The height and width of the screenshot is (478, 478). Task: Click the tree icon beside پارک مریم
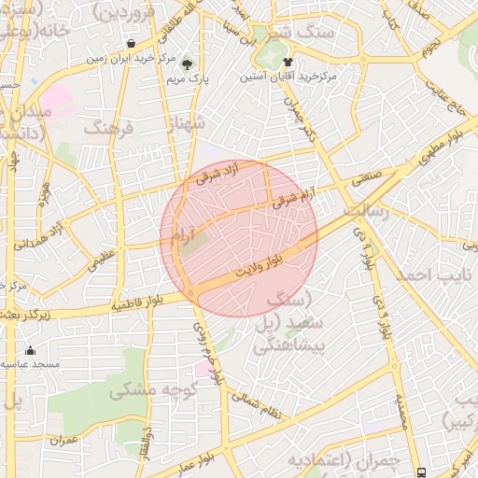[187, 64]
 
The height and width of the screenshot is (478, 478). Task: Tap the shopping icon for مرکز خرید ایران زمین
[130, 43]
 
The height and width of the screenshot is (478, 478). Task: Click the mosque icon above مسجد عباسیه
[30, 351]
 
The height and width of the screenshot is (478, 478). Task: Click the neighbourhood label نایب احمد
[429, 275]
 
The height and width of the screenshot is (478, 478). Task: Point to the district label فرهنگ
[108, 125]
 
